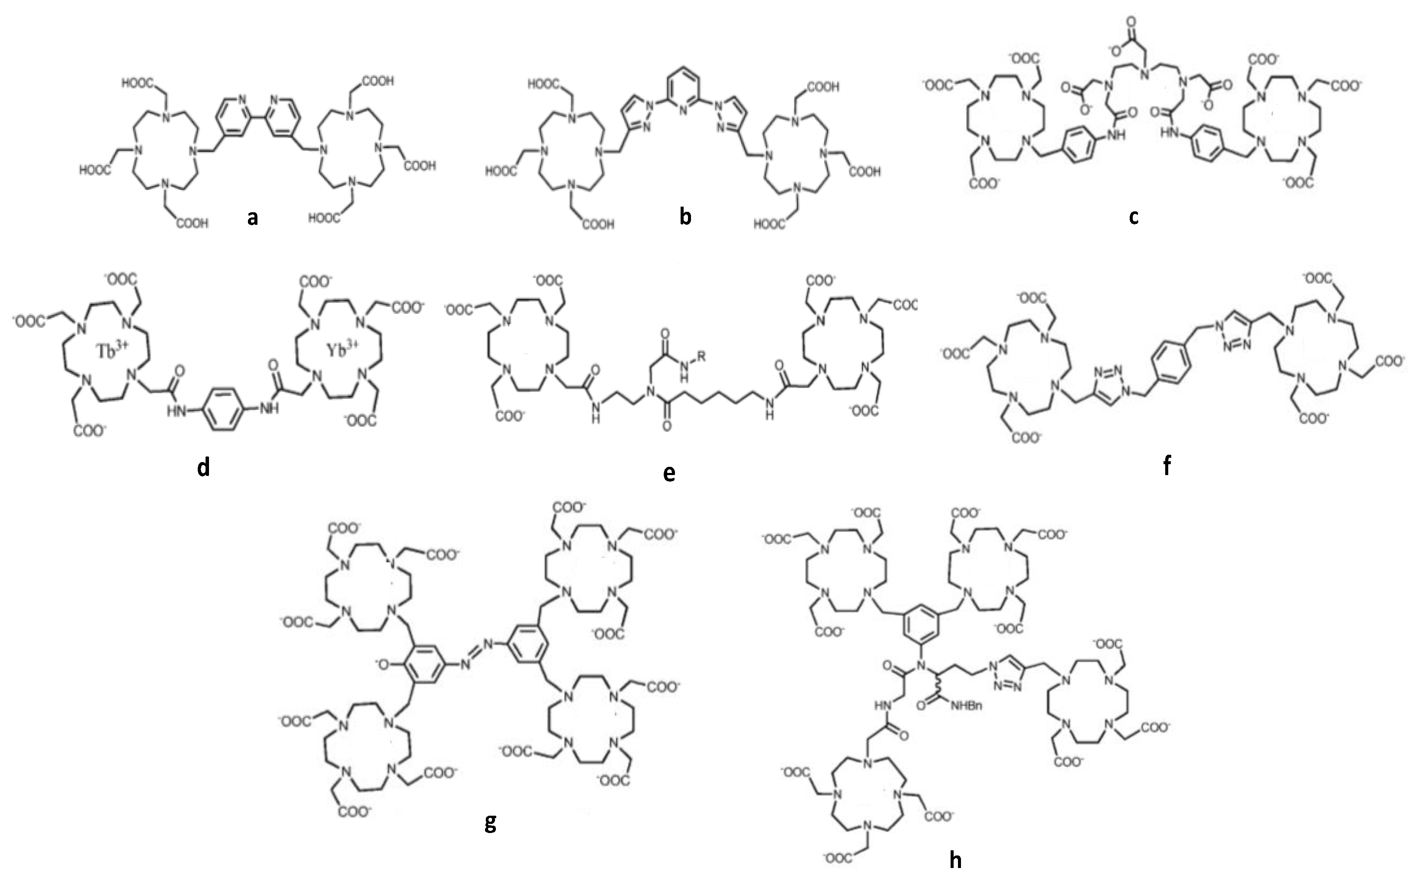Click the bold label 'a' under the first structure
(x=252, y=218)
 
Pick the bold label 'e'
(x=669, y=472)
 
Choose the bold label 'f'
(x=1167, y=466)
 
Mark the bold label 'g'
(x=490, y=823)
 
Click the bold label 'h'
(x=955, y=859)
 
